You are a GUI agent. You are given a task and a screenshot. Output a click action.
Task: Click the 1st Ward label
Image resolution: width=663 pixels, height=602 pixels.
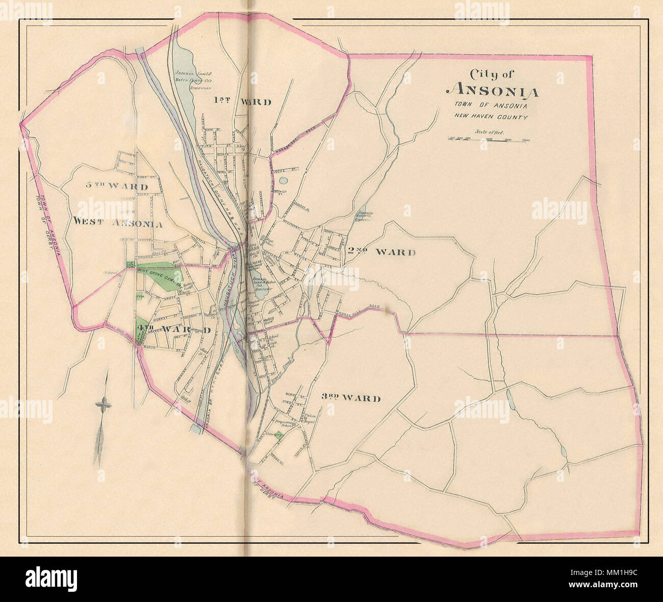pos(242,102)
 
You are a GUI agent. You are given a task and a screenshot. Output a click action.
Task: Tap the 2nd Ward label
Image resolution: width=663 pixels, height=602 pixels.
pos(381,252)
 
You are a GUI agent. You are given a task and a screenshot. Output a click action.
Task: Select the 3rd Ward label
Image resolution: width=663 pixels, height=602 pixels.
pos(351,398)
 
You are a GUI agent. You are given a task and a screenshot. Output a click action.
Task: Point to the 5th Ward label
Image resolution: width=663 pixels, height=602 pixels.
pos(117,187)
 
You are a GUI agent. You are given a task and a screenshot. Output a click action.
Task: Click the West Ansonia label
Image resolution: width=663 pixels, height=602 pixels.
pos(118,222)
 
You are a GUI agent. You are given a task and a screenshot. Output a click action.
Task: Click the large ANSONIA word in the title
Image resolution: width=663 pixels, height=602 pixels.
pos(492,92)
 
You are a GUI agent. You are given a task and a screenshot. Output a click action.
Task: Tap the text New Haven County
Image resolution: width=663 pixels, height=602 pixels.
pos(491,116)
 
